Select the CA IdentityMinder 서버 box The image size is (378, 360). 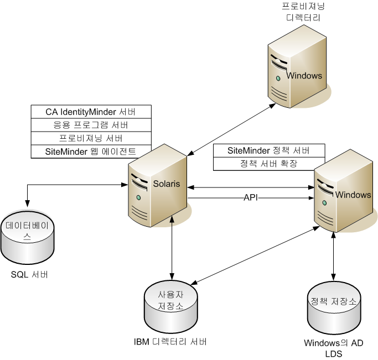[91, 112]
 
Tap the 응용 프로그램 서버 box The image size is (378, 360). [91, 125]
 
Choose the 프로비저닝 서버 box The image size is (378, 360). [91, 138]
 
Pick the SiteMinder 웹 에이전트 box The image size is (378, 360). [91, 152]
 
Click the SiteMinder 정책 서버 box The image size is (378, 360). [268, 151]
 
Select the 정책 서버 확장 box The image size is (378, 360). [268, 164]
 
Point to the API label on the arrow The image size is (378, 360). [251, 198]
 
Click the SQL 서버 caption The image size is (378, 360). [29, 274]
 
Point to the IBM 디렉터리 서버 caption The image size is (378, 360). [171, 342]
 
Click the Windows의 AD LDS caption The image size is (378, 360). [333, 348]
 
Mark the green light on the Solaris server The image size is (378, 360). [138, 197]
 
